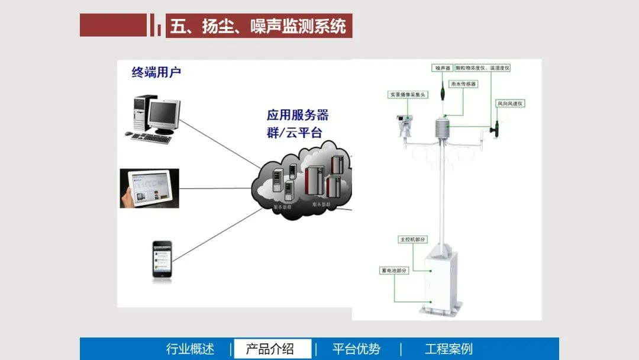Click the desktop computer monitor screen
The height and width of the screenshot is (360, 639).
[163, 114]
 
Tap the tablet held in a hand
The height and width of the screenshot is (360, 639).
[150, 188]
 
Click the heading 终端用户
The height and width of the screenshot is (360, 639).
[156, 73]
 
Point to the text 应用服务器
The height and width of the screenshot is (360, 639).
[297, 114]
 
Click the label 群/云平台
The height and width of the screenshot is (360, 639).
[294, 132]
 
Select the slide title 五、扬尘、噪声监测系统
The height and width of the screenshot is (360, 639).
[258, 26]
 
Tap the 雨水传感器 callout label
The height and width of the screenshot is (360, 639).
[463, 84]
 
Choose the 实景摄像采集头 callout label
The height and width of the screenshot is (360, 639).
[408, 94]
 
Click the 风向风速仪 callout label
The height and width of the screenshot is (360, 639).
[510, 104]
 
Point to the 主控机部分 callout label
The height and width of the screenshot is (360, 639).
[413, 240]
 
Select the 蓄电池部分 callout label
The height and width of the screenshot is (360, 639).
[394, 271]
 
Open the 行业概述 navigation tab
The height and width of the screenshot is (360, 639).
[190, 349]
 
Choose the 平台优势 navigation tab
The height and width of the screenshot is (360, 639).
[356, 349]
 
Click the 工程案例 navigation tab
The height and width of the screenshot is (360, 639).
[448, 349]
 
